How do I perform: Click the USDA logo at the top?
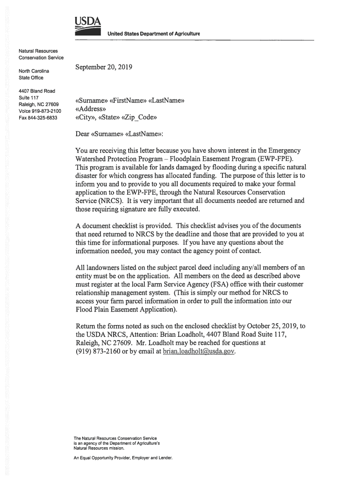pos(86,26)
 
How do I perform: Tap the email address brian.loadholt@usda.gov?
pos(199,351)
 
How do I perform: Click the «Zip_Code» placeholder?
pos(139,117)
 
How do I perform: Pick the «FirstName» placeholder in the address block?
pos(128,101)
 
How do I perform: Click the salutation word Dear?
pos(82,134)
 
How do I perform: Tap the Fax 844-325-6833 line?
pos(38,117)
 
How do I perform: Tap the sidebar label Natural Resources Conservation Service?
pos(41,53)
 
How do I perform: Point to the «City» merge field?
pos(85,117)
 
